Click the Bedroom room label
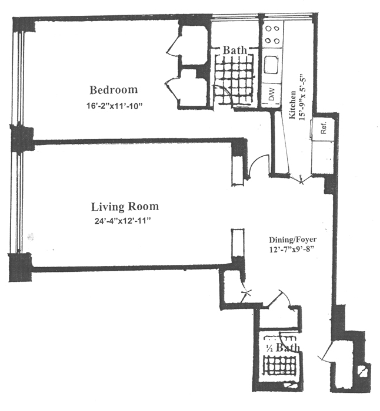click(x=114, y=90)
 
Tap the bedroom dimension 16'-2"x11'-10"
click(x=114, y=106)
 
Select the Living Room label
click(x=125, y=207)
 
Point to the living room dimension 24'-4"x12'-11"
click(x=122, y=221)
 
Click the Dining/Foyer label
click(x=292, y=240)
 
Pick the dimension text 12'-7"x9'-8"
click(x=292, y=250)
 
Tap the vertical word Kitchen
click(x=292, y=105)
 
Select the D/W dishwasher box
click(x=271, y=95)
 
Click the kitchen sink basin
click(x=272, y=65)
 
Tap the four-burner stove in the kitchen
click(x=272, y=34)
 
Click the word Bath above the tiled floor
click(x=235, y=50)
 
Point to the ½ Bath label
click(x=283, y=348)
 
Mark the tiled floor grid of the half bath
click(x=279, y=367)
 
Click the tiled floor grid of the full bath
click(x=234, y=80)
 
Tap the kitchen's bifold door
click(x=302, y=179)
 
